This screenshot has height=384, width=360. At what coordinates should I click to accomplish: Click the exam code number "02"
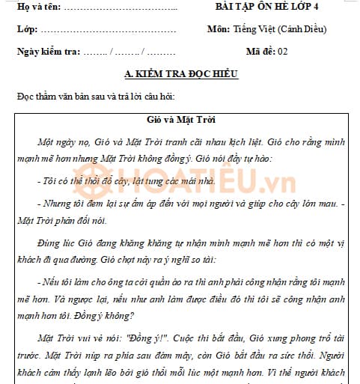282,52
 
